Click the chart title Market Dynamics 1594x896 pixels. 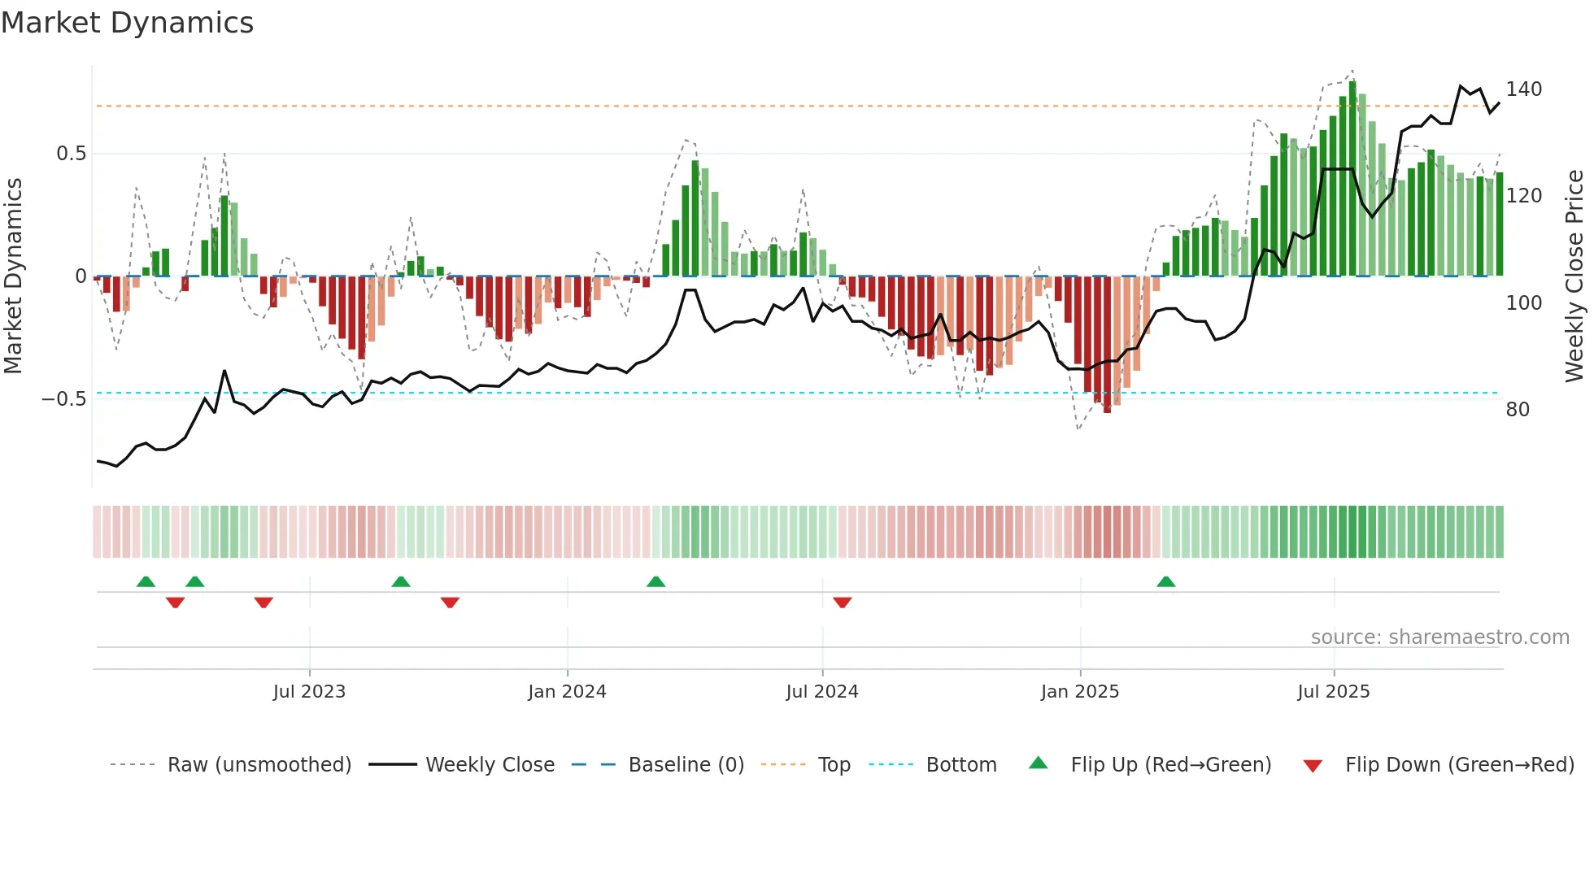pyautogui.click(x=127, y=23)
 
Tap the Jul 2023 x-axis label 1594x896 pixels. pyautogui.click(x=309, y=692)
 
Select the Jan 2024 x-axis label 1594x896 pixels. pyautogui.click(x=567, y=692)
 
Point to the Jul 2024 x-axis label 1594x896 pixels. pyautogui.click(x=821, y=692)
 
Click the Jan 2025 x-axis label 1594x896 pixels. pyautogui.click(x=1079, y=692)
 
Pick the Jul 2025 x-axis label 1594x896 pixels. pyautogui.click(x=1333, y=692)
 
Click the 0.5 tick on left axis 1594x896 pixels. pyautogui.click(x=71, y=154)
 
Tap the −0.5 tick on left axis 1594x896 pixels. pyautogui.click(x=64, y=398)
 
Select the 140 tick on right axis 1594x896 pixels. pyautogui.click(x=1523, y=89)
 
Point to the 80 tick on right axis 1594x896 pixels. pyautogui.click(x=1518, y=409)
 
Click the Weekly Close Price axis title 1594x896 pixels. pyautogui.click(x=1574, y=276)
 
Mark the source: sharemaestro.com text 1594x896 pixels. pyautogui.click(x=1439, y=637)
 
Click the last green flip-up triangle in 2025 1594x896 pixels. pyautogui.click(x=1165, y=581)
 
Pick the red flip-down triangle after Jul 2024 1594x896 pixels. pyautogui.click(x=842, y=602)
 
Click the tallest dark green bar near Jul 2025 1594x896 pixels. pyautogui.click(x=1352, y=179)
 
